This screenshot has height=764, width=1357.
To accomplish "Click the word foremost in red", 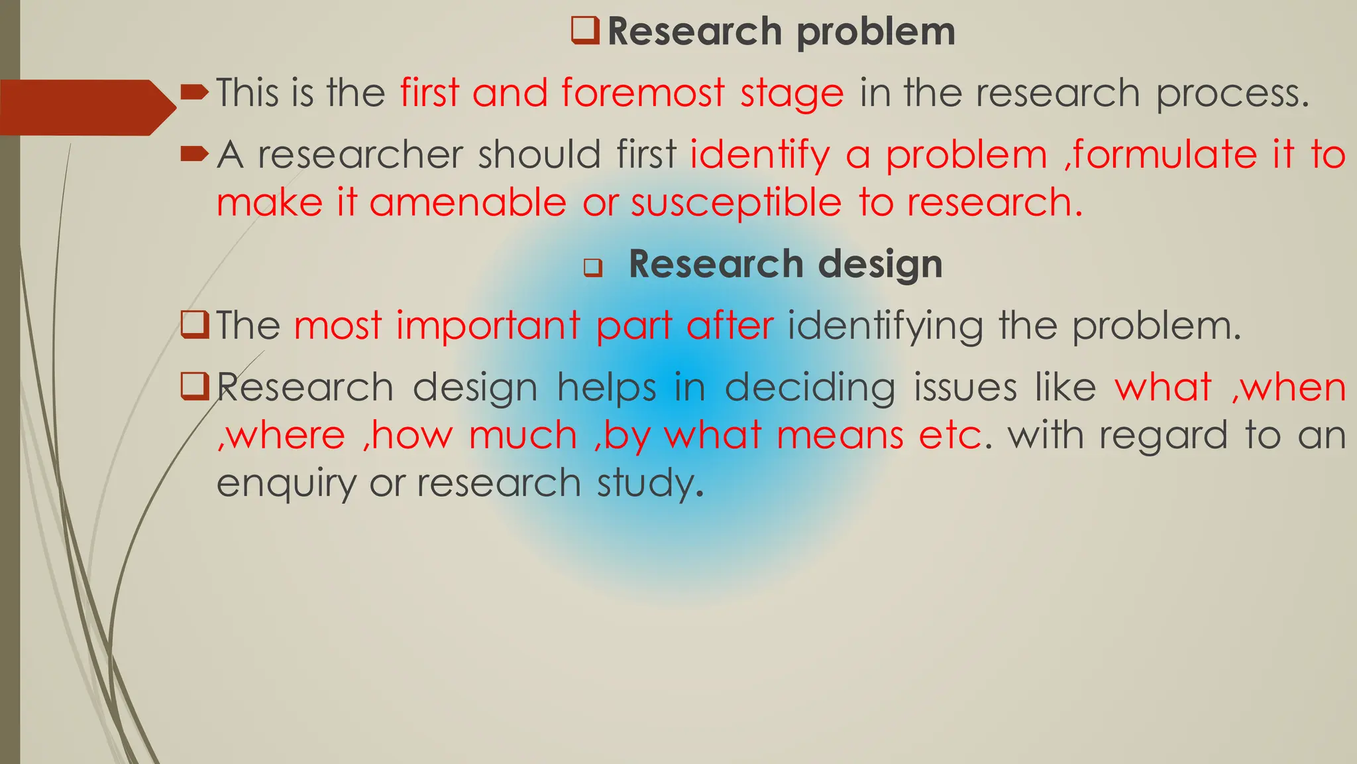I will coord(643,93).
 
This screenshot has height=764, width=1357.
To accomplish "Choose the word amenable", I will coord(468,202).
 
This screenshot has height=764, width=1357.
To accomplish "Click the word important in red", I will coord(488,326).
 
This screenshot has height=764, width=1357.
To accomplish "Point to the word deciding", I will coord(810,387).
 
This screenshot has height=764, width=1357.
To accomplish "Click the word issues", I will coord(965,387).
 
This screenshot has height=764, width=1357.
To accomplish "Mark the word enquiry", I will coord(286,483).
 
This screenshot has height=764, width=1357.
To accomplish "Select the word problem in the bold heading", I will coord(876,32).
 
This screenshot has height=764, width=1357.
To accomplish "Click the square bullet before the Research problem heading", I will coord(585,31).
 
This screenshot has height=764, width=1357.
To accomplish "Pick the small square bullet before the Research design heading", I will coord(592,269).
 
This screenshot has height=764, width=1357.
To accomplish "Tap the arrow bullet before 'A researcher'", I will coord(194,155).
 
